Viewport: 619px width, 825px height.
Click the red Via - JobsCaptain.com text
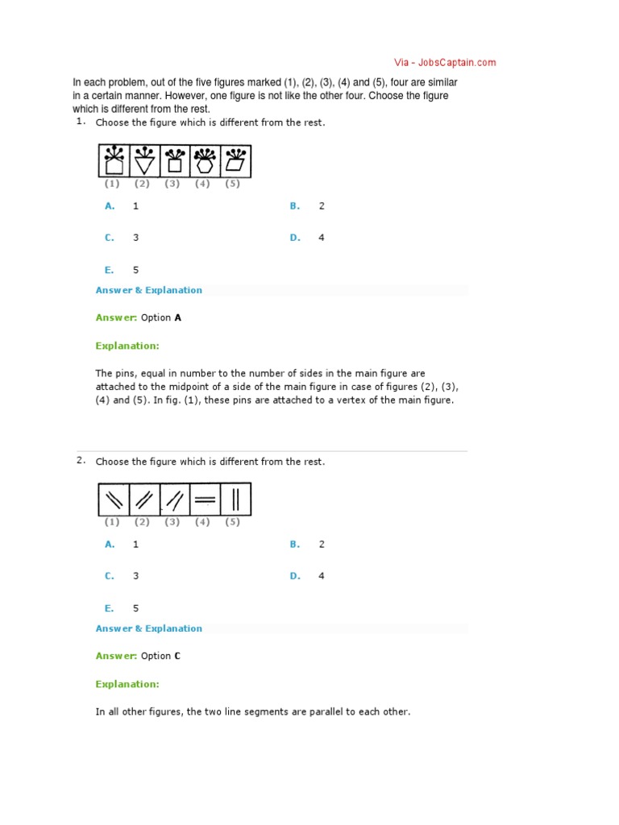coord(445,62)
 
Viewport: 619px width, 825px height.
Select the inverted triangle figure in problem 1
coord(143,161)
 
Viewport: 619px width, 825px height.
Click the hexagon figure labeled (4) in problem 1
coord(205,161)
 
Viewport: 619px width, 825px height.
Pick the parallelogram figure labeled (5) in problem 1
coord(235,161)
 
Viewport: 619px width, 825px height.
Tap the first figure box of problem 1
coord(114,161)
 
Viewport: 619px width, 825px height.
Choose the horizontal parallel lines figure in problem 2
coord(205,500)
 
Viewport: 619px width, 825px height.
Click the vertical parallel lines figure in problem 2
coord(235,500)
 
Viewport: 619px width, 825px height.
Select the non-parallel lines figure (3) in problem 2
coord(173,500)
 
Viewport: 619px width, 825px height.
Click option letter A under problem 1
coord(110,205)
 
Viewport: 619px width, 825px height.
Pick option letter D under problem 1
coord(295,238)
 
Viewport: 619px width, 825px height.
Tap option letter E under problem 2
coord(109,608)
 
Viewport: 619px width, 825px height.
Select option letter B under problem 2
coord(295,544)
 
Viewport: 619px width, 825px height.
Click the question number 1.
coord(81,121)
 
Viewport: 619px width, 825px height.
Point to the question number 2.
coord(81,460)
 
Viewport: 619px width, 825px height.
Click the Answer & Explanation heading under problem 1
coord(149,290)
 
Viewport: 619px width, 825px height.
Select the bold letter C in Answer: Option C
coord(177,656)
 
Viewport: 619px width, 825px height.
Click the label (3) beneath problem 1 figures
coord(172,184)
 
